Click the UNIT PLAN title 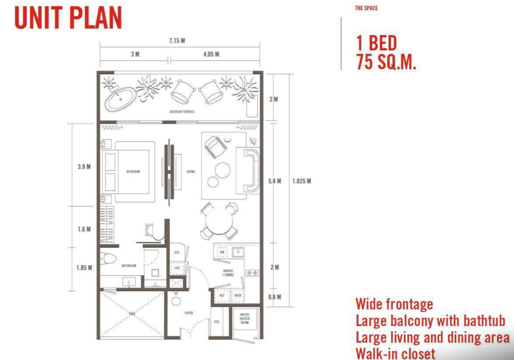click(68, 18)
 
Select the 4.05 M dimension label click(211, 54)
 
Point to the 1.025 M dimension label click(301, 181)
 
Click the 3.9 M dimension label click(84, 166)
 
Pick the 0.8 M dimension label click(275, 297)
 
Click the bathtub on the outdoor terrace click(120, 99)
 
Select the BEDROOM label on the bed click(133, 172)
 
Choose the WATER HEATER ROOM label click(245, 319)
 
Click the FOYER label click(189, 313)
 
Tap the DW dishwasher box click(222, 253)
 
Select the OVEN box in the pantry click(238, 295)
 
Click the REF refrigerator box click(222, 295)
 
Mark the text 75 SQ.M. click(386, 62)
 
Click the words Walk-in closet click(395, 353)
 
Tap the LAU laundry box click(177, 267)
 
